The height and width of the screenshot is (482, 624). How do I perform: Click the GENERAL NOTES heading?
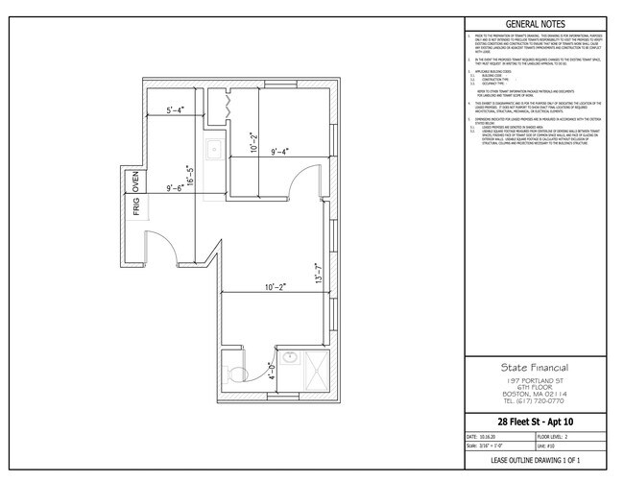coord(534,25)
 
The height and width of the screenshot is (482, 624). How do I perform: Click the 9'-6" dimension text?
coord(181,188)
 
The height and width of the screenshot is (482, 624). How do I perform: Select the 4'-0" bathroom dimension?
coord(271,367)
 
